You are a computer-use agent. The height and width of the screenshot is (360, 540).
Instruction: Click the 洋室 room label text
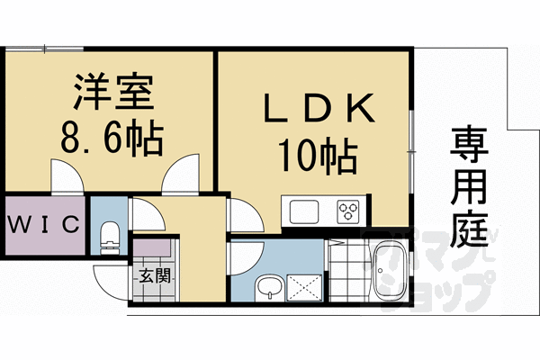pyautogui.click(x=112, y=94)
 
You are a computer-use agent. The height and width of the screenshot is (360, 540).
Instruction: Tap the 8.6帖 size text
pyautogui.click(x=112, y=139)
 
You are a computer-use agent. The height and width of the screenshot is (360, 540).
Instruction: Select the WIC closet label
pyautogui.click(x=43, y=222)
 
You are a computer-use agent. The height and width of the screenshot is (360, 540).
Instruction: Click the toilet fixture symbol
pyautogui.click(x=110, y=236)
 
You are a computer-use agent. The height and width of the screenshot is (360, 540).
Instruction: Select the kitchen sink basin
pyautogui.click(x=302, y=212)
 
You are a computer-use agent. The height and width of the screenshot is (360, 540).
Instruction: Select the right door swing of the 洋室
pyautogui.click(x=181, y=175)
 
